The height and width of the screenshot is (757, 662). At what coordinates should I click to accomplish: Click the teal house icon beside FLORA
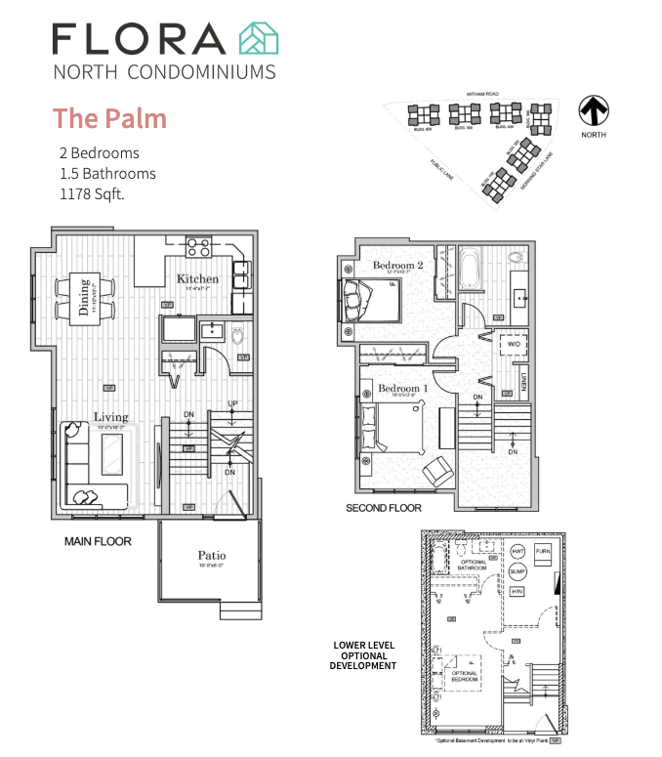[259, 38]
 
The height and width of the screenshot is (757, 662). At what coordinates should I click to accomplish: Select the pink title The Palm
[109, 118]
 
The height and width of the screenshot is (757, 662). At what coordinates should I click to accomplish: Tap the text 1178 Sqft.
[92, 193]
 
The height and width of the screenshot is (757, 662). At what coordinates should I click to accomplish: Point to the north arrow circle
[593, 108]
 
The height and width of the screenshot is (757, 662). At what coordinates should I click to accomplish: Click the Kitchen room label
[197, 279]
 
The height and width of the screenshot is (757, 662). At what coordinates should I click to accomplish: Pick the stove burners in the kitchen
[199, 247]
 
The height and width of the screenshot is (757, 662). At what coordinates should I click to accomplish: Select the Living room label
[110, 417]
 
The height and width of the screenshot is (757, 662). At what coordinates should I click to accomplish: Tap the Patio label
[212, 555]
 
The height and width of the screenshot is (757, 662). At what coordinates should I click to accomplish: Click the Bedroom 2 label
[397, 266]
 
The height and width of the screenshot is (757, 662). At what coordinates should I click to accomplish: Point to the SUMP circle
[517, 570]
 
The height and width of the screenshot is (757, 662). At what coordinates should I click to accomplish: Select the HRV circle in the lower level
[517, 591]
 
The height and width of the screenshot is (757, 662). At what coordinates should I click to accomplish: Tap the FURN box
[544, 552]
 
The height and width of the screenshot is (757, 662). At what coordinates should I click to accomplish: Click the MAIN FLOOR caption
[98, 540]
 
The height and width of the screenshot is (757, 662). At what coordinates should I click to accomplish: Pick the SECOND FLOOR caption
[384, 508]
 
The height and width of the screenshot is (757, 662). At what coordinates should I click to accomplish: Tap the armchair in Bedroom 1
[435, 472]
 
